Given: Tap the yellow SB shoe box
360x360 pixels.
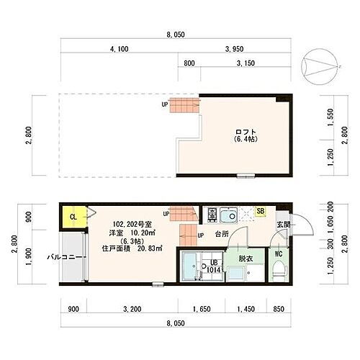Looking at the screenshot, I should [261, 211].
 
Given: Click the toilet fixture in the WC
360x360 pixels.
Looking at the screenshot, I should [281, 269].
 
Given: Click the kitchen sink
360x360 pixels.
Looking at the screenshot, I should [231, 216].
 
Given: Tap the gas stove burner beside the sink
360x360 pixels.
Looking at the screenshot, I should [212, 215].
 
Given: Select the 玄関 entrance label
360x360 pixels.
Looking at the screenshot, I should [283, 225].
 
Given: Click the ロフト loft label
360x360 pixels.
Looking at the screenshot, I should [247, 132].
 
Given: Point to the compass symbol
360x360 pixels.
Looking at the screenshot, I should [322, 65].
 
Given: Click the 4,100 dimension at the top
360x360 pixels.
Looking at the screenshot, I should [119, 49].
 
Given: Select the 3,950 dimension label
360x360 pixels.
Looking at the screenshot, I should [236, 49].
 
